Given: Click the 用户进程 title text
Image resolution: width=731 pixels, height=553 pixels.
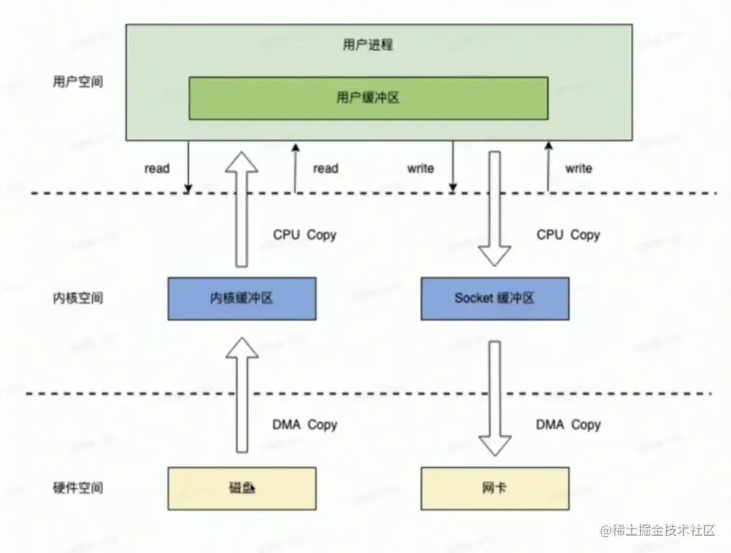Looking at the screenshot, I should pos(367,45).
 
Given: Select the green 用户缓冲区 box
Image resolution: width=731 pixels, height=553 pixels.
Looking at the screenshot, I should pos(367,98).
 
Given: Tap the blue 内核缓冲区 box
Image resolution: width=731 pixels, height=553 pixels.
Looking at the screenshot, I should pos(242,298).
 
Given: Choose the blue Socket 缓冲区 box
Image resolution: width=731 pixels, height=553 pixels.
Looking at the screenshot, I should pos(495,298).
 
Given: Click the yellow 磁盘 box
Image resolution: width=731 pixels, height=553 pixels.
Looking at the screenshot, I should pos(242,488).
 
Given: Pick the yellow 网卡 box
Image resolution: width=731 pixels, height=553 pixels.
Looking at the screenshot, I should pos(495,488).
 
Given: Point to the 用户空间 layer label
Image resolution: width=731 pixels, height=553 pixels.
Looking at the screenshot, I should pos(78,81).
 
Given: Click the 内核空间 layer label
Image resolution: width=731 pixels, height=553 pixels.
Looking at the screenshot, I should pos(78,298).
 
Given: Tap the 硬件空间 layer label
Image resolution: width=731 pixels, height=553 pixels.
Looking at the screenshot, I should pos(78,488).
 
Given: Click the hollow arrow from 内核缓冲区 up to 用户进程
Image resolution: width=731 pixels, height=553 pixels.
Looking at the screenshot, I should pos(242,209).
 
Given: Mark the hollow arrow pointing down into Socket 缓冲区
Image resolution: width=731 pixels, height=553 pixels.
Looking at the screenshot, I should pos(495,209).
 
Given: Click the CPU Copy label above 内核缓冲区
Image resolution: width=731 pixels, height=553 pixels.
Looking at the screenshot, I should pos(305,235).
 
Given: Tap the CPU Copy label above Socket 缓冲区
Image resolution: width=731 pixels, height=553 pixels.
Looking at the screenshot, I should pos(568,235).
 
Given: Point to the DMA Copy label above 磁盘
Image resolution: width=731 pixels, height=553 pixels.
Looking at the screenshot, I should pos(305,425).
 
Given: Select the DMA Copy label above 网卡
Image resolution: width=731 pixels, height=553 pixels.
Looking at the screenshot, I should pos(568,425).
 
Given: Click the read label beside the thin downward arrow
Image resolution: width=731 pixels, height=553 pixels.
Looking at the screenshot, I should pos(157,168).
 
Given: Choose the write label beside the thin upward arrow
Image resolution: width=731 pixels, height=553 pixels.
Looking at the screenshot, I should pos(578,168).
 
